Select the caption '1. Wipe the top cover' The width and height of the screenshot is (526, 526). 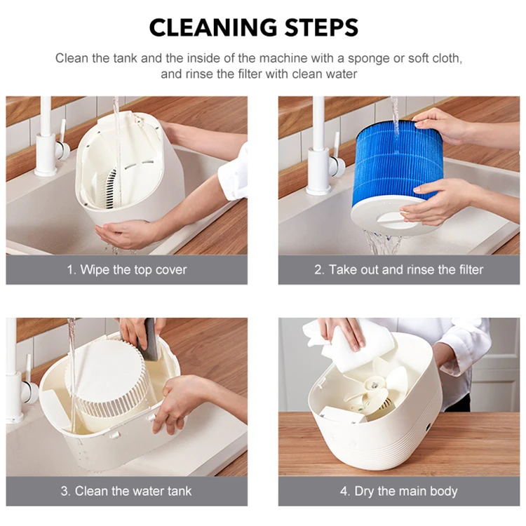pos(127,270)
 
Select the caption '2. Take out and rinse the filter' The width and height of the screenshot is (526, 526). pos(399,270)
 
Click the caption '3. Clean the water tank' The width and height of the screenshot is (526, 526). pos(127,491)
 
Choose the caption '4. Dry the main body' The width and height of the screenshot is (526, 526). pos(399,491)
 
